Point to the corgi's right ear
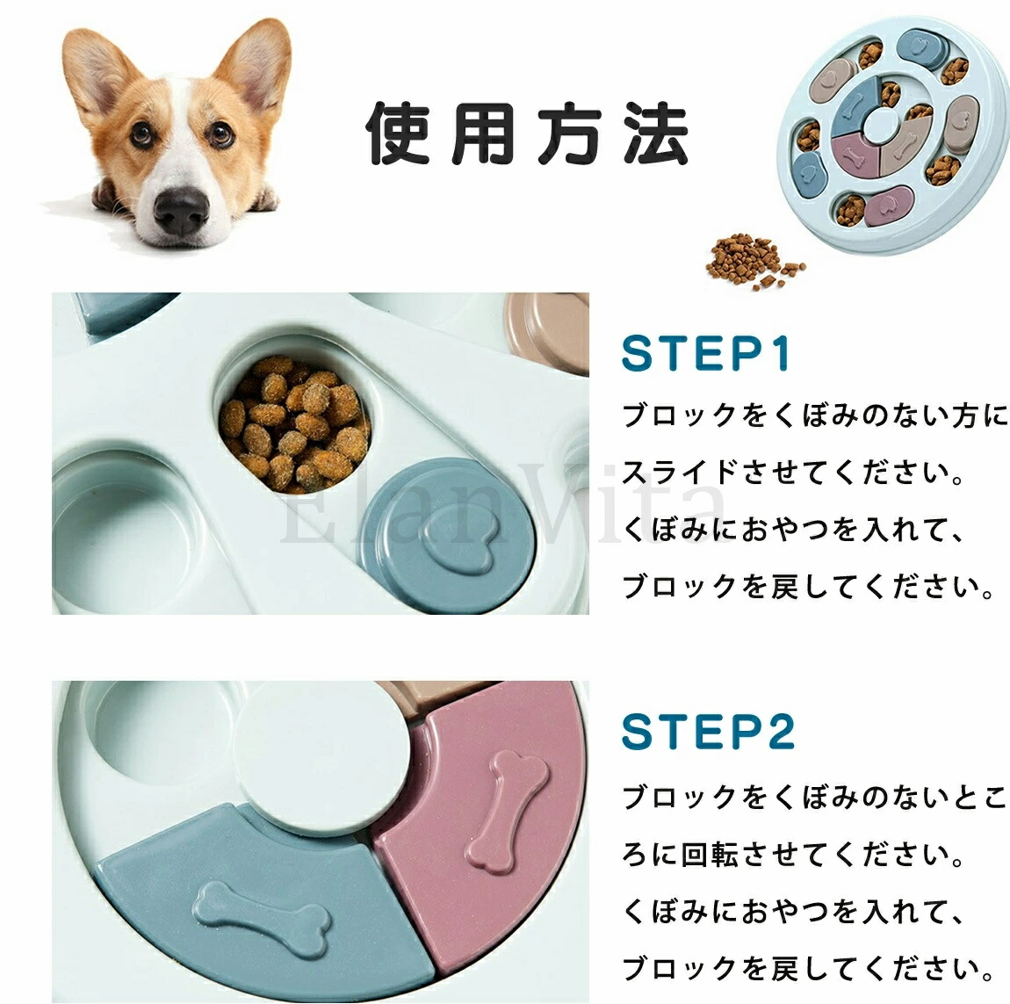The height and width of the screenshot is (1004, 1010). [256, 63]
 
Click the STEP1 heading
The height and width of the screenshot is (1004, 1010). [706, 353]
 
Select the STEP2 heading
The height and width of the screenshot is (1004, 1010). [708, 732]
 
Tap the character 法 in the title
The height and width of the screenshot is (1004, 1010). [656, 133]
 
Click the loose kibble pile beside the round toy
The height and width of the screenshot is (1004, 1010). [754, 260]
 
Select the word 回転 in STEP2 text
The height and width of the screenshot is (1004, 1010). [711, 854]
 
